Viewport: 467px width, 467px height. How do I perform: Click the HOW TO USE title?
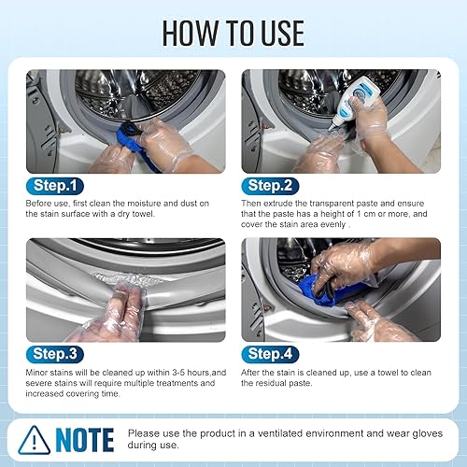pyautogui.click(x=233, y=32)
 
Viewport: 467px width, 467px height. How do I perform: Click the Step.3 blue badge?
pyautogui.click(x=57, y=354)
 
